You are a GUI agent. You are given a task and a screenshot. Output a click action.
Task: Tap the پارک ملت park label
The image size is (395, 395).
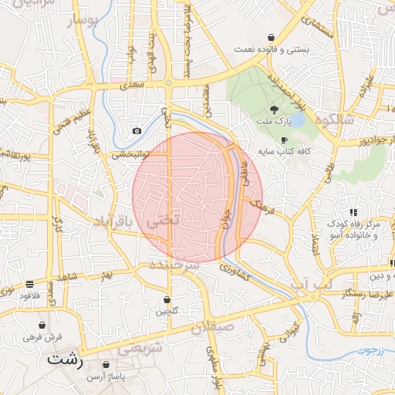click(x=275, y=121)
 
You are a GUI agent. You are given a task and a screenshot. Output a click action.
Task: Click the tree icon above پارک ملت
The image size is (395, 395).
click(x=275, y=110)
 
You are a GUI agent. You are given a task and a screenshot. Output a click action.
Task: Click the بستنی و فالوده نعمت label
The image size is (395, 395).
click(x=272, y=49)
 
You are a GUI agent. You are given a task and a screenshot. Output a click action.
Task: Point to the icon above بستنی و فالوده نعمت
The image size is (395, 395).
click(x=272, y=37)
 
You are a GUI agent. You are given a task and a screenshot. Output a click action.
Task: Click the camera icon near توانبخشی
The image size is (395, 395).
click(x=137, y=130)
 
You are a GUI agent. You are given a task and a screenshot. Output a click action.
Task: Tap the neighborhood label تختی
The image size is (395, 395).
click(x=164, y=220)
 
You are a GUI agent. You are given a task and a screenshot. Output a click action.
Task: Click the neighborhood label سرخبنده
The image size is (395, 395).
click(x=177, y=265)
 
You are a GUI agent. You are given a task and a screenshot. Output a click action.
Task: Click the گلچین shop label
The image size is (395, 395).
click(x=167, y=311)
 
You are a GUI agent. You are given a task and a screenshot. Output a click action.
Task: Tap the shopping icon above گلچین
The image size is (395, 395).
click(x=167, y=299)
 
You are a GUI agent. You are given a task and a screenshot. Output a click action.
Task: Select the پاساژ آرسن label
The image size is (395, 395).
click(x=106, y=376)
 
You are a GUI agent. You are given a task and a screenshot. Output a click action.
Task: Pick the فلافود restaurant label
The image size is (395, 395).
click(x=29, y=295)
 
